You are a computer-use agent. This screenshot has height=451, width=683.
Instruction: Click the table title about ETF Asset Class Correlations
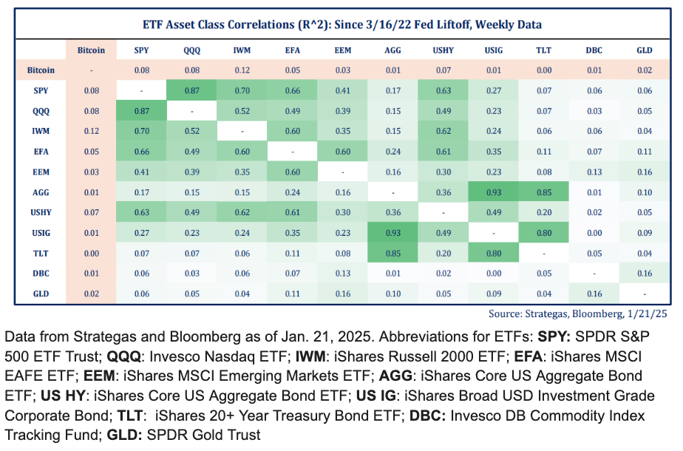click(341, 24)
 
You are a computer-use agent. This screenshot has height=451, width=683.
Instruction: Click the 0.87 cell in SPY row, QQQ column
click(191, 91)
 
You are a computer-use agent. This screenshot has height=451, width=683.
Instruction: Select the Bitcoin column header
click(91, 50)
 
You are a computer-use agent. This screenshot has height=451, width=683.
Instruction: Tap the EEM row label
click(41, 173)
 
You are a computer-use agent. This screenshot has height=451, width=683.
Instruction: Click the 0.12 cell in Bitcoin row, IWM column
click(242, 70)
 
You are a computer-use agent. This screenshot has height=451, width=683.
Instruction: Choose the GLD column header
click(644, 50)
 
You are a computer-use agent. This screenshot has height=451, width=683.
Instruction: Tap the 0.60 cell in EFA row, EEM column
click(342, 152)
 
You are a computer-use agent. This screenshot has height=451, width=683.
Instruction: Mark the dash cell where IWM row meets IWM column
click(242, 132)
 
